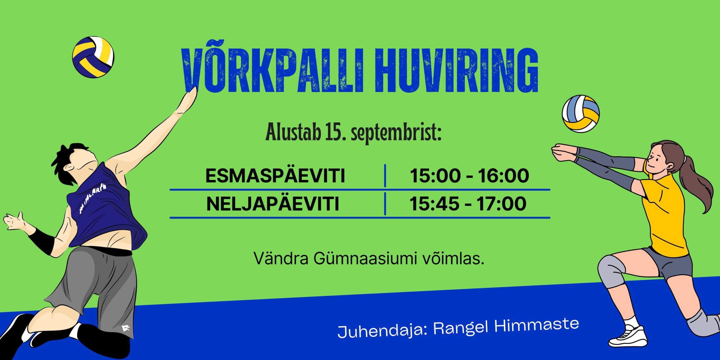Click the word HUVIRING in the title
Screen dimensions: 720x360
coord(456,70)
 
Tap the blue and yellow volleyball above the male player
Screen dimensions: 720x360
coord(93,57)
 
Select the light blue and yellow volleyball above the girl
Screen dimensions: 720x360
coord(580,114)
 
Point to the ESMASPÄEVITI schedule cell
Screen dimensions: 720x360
coord(275,176)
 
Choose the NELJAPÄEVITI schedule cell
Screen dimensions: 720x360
coord(273,204)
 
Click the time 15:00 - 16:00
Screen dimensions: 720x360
coord(469,176)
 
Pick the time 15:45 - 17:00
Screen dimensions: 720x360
coord(468,204)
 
